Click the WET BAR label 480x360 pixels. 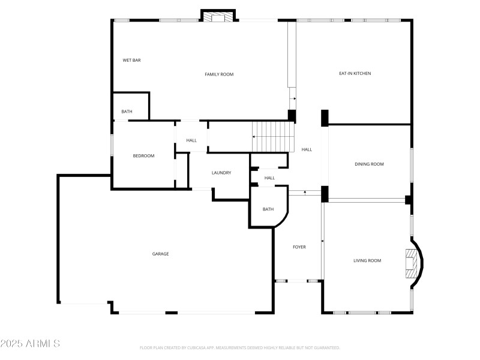pos(131,60)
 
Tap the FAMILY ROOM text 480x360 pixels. pos(219,74)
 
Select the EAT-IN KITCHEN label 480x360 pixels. pos(355,73)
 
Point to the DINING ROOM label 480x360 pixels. pos(369,164)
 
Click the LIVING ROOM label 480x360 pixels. pos(367,260)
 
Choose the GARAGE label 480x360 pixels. pos(160,254)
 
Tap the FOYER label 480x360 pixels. pos(299,247)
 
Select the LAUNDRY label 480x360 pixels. pos(221,173)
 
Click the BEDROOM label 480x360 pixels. pos(143,156)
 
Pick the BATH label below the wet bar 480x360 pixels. pos(127,112)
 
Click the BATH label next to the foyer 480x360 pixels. pos(268,209)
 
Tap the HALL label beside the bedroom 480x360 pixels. pos(191,140)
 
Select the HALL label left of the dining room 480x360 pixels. pos(307,149)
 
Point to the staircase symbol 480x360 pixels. pos(274,136)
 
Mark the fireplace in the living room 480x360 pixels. pos(411,263)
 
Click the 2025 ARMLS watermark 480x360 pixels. pos(30,344)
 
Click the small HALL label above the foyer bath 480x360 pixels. pos(269,178)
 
